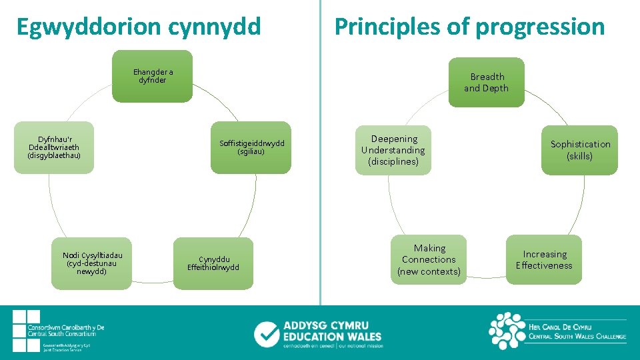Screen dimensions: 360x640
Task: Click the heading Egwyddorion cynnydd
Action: click(139, 27)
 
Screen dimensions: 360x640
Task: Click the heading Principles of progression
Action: click(469, 27)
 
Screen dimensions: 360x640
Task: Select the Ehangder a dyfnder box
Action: click(152, 76)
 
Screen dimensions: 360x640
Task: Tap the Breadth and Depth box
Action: click(486, 82)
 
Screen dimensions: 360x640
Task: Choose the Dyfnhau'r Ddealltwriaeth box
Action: click(53, 147)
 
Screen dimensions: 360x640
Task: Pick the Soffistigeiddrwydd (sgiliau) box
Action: click(251, 147)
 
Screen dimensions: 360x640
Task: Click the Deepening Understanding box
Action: click(393, 150)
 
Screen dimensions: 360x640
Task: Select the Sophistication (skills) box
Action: click(579, 150)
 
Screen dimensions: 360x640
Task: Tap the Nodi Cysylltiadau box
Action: click(92, 263)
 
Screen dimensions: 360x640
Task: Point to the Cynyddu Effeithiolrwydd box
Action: click(213, 263)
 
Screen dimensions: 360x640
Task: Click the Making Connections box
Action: click(429, 259)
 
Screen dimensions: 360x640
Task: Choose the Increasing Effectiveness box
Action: click(544, 259)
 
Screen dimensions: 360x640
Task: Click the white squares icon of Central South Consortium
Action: click(26, 330)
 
